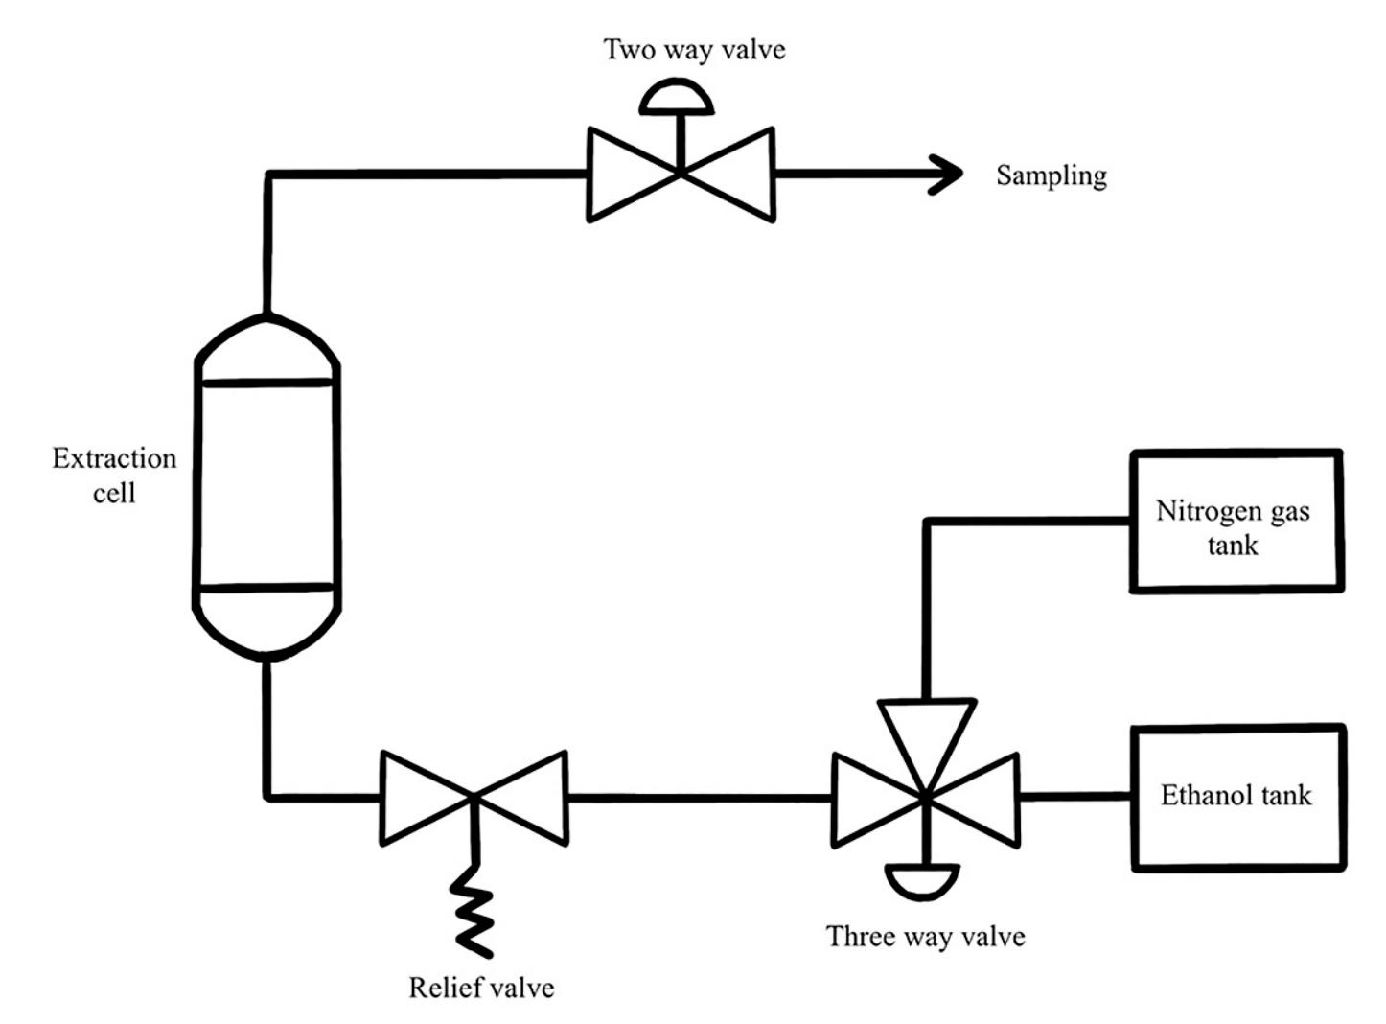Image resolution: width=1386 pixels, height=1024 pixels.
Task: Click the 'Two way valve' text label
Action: tap(694, 50)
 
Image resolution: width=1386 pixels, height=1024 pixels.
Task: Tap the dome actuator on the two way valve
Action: tap(678, 99)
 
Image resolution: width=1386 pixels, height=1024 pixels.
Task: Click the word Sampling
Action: tap(1051, 175)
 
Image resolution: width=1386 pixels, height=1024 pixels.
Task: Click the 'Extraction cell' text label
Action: tap(114, 476)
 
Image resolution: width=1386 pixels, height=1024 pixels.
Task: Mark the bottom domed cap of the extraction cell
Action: tap(267, 628)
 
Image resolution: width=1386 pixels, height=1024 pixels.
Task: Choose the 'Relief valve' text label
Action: tap(481, 988)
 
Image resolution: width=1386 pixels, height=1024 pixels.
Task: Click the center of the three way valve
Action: tap(925, 797)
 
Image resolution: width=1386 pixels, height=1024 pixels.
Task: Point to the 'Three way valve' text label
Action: tap(925, 937)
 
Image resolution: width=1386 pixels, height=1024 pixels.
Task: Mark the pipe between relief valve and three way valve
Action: tap(700, 797)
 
